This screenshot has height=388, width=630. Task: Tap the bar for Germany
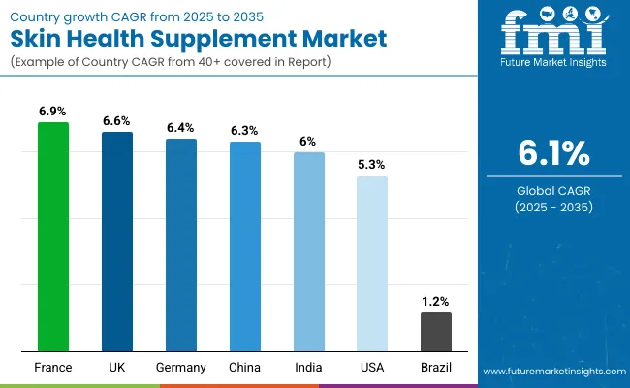pyautogui.click(x=180, y=244)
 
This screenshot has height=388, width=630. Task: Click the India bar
pyautogui.click(x=308, y=251)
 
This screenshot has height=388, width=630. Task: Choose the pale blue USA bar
pyautogui.click(x=372, y=263)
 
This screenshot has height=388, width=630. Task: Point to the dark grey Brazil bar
pyautogui.click(x=436, y=331)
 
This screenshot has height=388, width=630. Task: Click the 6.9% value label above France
pyautogui.click(x=53, y=113)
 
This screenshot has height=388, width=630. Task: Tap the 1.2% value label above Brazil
pyautogui.click(x=436, y=302)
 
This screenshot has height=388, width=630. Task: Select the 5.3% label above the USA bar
pyautogui.click(x=372, y=165)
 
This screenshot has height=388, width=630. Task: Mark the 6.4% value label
pyautogui.click(x=180, y=128)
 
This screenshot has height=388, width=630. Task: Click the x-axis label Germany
pyautogui.click(x=180, y=368)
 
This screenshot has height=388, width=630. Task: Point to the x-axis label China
pyautogui.click(x=244, y=368)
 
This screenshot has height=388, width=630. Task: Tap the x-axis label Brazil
pyautogui.click(x=436, y=368)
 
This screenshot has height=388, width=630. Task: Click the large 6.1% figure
pyautogui.click(x=552, y=153)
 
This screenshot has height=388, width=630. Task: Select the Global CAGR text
pyautogui.click(x=552, y=191)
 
